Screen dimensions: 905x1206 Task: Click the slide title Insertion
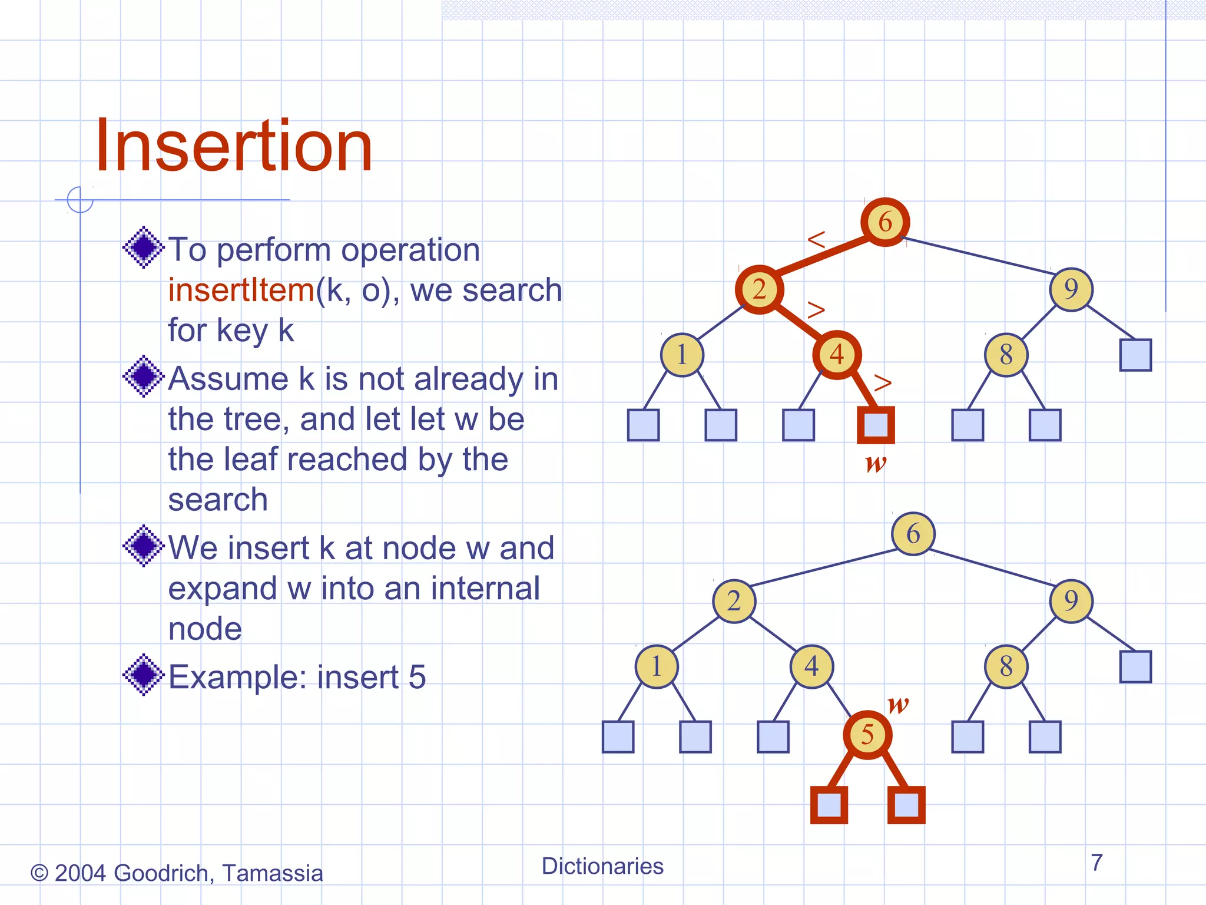234,146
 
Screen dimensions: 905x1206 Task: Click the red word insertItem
241,290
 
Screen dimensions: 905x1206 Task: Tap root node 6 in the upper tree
885,222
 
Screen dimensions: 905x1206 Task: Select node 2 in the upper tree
760,289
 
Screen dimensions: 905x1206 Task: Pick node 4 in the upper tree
837,355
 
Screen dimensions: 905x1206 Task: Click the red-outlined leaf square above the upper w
876,425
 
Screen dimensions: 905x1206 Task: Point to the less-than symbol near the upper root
817,239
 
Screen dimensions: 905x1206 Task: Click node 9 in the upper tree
1071,289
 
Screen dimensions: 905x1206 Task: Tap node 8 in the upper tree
1006,355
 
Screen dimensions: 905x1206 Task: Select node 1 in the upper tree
682,355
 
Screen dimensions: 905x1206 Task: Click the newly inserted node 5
867,735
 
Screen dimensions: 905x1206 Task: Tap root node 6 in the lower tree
913,534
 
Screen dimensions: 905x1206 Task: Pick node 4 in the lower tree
811,666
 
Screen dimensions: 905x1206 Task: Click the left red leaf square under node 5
829,805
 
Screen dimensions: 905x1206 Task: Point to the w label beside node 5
898,703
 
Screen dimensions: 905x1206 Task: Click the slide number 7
1096,863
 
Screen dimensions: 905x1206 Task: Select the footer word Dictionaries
602,866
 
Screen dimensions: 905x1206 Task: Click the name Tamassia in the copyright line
273,873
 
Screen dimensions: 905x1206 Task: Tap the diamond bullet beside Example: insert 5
143,675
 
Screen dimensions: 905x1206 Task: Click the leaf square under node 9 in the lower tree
1135,666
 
